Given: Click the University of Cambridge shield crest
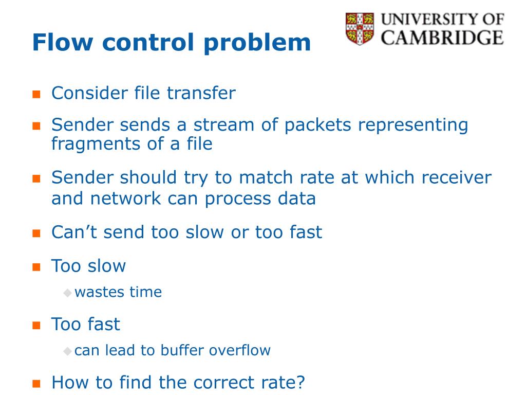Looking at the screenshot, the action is point(360,29).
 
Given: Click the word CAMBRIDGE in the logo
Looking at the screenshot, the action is point(442,37).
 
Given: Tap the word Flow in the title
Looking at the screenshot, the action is point(62,42).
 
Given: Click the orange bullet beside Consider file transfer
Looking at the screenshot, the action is point(36,94).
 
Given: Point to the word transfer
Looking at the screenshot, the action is point(201,93).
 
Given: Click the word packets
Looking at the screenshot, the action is point(317,125).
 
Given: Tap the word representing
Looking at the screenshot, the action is point(413,125).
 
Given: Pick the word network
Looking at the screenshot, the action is point(125,198).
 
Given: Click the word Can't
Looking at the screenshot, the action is point(74,232).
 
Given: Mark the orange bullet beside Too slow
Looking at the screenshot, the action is point(36,267).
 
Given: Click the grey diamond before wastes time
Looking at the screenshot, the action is point(67,293).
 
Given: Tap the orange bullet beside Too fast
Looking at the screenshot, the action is point(36,325).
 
